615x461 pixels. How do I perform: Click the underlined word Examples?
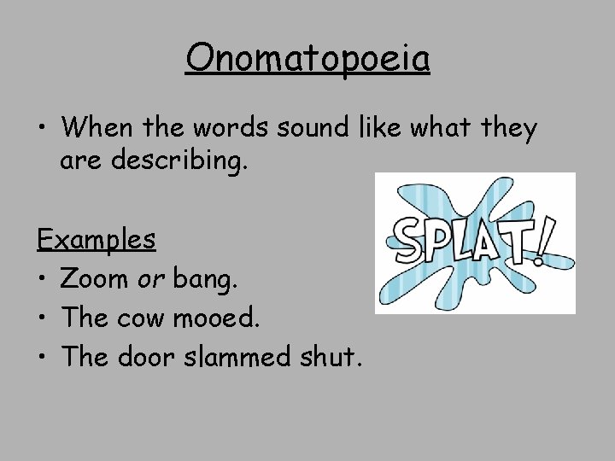[x=96, y=238]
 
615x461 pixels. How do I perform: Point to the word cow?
[x=151, y=318]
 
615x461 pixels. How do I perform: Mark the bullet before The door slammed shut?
[x=42, y=358]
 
